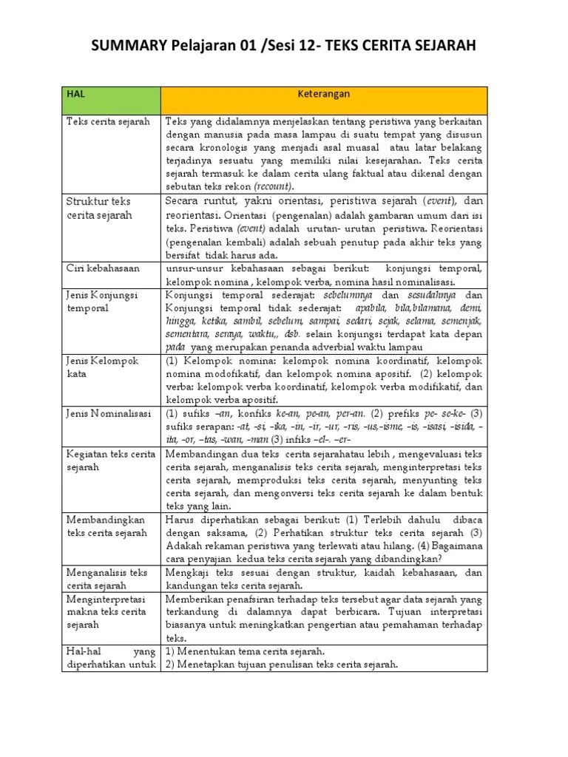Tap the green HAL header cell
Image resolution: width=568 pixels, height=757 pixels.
tap(110, 99)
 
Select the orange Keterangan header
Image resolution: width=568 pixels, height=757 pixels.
tap(323, 95)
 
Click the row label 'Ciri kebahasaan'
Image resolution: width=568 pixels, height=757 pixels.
tap(103, 268)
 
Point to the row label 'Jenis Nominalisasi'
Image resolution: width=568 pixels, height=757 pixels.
tap(109, 413)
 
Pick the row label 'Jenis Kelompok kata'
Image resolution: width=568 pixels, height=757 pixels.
tap(102, 367)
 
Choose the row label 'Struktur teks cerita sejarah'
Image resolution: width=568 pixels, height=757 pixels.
tap(99, 208)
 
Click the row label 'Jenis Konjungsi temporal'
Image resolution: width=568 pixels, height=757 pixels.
tap(102, 301)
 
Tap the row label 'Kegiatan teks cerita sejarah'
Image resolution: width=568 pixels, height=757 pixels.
tap(111, 460)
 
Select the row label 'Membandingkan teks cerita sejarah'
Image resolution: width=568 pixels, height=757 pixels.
tap(106, 526)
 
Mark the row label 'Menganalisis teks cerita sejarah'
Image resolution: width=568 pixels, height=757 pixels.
tap(107, 579)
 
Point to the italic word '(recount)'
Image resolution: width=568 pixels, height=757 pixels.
tap(274, 186)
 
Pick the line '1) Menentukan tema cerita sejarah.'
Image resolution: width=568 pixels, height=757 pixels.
tap(245, 651)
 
